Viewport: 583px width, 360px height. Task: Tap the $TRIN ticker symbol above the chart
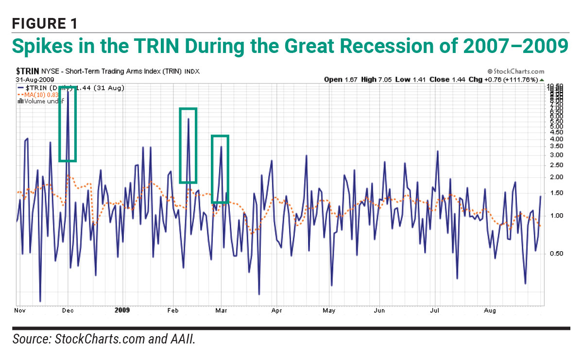click(x=28, y=71)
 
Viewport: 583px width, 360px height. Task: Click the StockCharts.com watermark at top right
click(x=516, y=71)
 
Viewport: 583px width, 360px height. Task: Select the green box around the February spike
click(x=188, y=146)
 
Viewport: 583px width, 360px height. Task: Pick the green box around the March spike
click(x=220, y=169)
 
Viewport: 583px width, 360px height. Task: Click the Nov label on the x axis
click(x=20, y=310)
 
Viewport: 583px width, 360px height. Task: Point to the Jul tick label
click(x=435, y=310)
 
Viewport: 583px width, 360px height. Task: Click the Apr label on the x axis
click(x=277, y=310)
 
